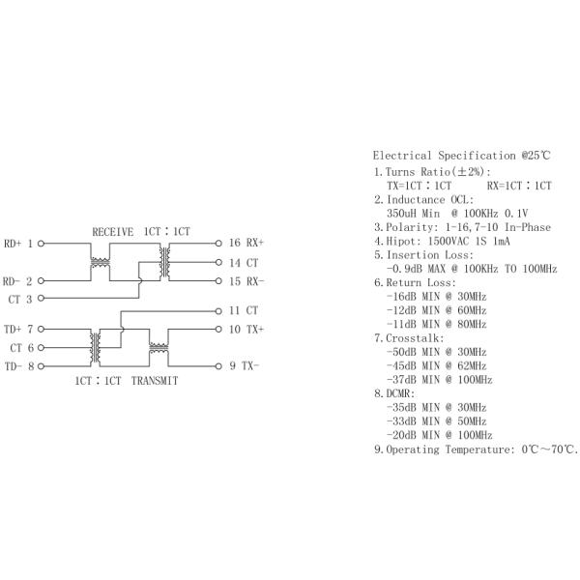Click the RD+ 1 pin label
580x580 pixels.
pyautogui.click(x=19, y=244)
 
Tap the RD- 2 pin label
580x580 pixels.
pyautogui.click(x=19, y=281)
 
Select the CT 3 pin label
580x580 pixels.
pyautogui.click(x=21, y=300)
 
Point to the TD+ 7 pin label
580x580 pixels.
pyautogui.click(x=19, y=329)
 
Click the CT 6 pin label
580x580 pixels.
pyautogui.click(x=22, y=347)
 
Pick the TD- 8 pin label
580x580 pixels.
pyautogui.click(x=19, y=366)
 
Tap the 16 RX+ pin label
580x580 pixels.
pyautogui.click(x=246, y=244)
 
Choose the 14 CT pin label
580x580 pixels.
pyautogui.click(x=243, y=263)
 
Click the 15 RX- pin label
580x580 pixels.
pyautogui.click(x=246, y=281)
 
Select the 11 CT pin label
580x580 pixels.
pyautogui.click(x=243, y=310)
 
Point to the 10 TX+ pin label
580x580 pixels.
pyautogui.click(x=246, y=329)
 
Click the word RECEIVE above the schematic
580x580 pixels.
pyautogui.click(x=112, y=232)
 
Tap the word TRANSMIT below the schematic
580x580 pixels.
pyautogui.click(x=156, y=381)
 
